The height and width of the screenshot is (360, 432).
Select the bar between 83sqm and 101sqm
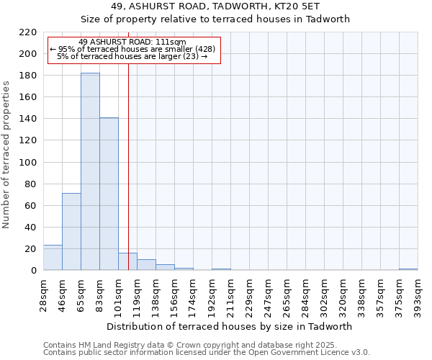[109, 194]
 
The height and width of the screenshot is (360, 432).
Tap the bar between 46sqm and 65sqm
[71, 231]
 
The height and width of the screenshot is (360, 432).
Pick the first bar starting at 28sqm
[53, 257]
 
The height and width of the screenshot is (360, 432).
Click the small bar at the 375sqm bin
[408, 269]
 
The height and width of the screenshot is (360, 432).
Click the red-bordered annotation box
[133, 49]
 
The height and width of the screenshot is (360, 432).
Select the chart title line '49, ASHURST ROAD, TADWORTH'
[215, 6]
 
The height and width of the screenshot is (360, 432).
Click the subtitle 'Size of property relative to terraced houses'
[215, 19]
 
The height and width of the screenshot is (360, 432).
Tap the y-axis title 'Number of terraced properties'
[7, 154]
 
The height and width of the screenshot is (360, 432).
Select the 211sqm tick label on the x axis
[230, 292]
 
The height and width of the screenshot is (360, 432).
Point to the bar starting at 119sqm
[146, 265]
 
